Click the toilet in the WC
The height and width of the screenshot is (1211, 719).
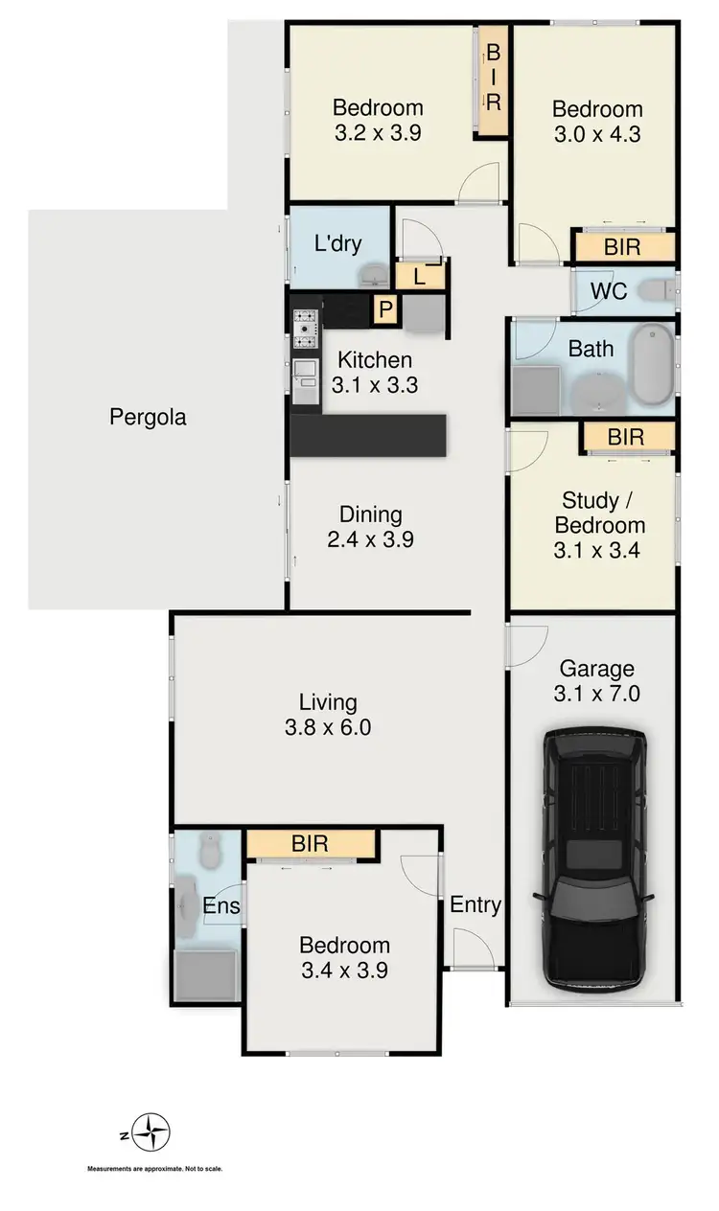658,289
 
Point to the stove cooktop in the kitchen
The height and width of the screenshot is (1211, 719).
305,329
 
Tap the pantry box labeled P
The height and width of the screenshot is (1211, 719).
385,308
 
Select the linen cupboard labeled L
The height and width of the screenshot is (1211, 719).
420,277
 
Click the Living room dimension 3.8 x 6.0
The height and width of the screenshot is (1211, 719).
327,727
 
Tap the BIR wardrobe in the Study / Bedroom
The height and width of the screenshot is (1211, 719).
626,438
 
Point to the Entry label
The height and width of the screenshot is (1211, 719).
475,904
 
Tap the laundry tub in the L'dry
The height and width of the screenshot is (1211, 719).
371,277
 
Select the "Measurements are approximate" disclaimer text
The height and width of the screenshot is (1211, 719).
154,1169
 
